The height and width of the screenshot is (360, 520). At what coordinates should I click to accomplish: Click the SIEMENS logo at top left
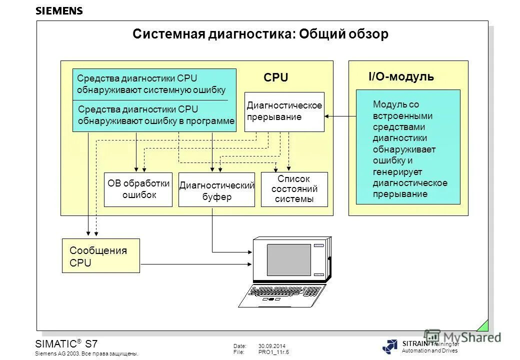[59, 11]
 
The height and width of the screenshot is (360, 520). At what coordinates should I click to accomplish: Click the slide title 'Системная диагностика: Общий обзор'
[260, 34]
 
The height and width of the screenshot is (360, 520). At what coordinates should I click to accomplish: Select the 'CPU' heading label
[276, 78]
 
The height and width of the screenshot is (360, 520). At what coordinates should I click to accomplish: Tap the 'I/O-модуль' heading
[401, 77]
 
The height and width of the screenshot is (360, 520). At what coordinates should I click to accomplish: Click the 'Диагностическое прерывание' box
[284, 111]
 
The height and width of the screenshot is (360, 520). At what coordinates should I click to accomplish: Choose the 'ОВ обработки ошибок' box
[137, 189]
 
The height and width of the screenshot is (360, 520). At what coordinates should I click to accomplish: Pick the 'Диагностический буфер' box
[216, 190]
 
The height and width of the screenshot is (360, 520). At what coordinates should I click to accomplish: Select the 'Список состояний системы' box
[294, 189]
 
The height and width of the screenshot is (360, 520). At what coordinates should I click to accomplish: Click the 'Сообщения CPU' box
[100, 256]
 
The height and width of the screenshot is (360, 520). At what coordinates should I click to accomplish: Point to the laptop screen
[288, 260]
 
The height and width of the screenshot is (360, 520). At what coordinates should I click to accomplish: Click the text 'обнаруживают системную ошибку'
[151, 90]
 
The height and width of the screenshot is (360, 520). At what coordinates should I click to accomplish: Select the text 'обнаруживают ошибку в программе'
[156, 121]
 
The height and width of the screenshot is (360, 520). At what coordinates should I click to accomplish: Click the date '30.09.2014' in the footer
[271, 346]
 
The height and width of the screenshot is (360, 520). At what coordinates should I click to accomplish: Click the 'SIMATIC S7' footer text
[66, 344]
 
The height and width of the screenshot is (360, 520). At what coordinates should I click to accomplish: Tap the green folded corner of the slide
[483, 325]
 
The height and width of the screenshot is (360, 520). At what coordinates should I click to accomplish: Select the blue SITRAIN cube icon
[390, 346]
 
